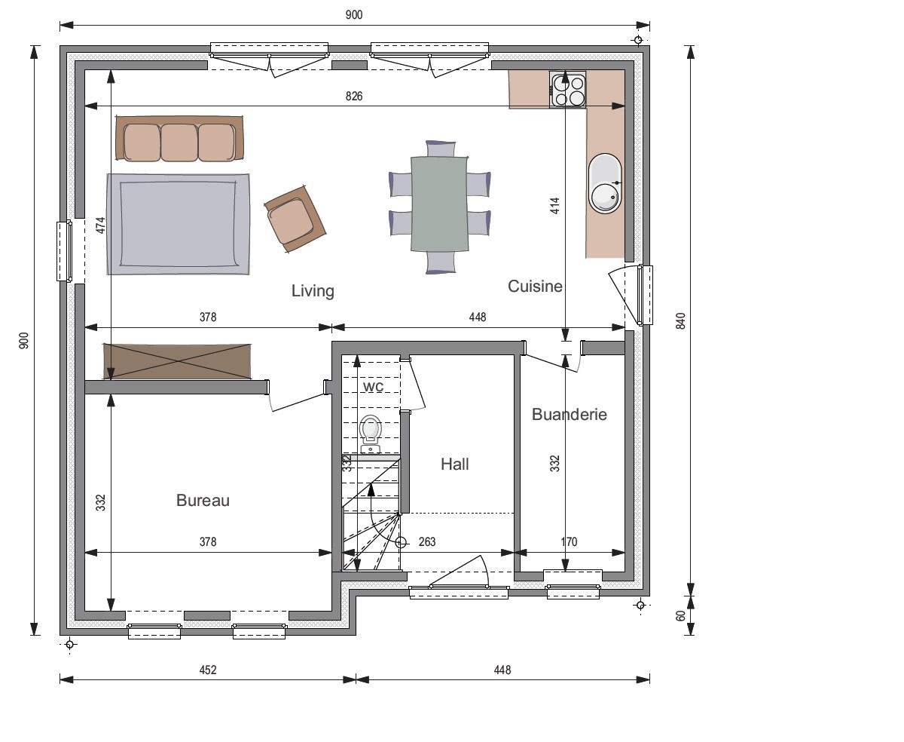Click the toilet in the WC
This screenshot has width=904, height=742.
coord(371,434)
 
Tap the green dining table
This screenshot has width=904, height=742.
coord(439,204)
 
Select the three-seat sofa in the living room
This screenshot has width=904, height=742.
coord(179,138)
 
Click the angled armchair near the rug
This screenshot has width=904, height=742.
coord(295,219)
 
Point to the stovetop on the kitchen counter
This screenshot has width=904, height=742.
coord(567,90)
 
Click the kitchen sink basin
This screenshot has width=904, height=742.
coord(605,183)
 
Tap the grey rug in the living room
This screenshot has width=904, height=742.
coord(178,224)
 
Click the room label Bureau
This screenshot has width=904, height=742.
coord(203,501)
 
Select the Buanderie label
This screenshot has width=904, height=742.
coord(570,415)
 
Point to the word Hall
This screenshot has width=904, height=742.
coord(455,464)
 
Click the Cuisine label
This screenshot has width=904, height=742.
coord(535,287)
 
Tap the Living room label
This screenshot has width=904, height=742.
coord(313,291)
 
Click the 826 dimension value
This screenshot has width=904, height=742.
coord(354,96)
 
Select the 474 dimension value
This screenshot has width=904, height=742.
coord(100,225)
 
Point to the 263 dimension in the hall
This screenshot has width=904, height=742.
coord(427,542)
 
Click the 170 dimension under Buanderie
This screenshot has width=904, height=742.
coord(570,542)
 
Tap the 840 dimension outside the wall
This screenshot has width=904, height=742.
coord(681,321)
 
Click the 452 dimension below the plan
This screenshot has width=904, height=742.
coord(208,670)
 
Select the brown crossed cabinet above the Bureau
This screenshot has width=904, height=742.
coord(177,362)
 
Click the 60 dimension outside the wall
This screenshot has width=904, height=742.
coord(681,616)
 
